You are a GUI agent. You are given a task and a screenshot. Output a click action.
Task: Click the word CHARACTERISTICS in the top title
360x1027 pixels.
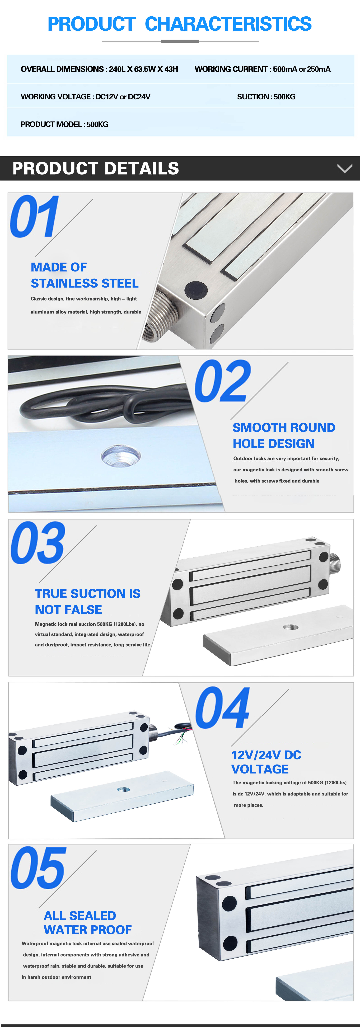pyautogui.click(x=228, y=24)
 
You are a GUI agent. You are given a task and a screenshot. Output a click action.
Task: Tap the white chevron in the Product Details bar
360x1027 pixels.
pyautogui.click(x=344, y=168)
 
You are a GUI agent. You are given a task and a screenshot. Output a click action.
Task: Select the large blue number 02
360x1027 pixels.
pyautogui.click(x=222, y=381)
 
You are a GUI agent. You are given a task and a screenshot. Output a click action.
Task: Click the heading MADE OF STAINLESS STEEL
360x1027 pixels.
pyautogui.click(x=85, y=275)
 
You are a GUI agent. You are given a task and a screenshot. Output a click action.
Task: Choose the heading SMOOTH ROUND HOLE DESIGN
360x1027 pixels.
pyautogui.click(x=284, y=435)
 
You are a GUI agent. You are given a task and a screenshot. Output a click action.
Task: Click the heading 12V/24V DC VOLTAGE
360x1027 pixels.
pyautogui.click(x=266, y=762)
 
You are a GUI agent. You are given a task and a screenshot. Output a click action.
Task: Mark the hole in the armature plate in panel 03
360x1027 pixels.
pyautogui.click(x=291, y=627)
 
